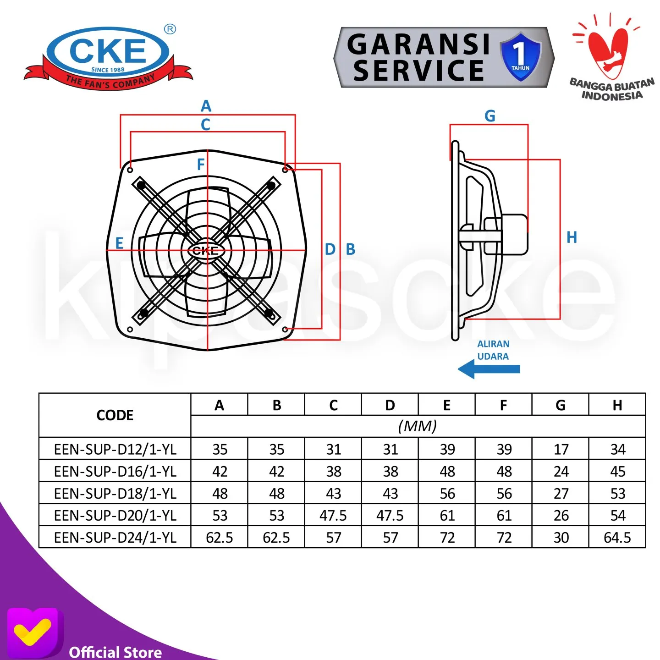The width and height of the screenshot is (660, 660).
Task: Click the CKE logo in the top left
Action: pyautogui.click(x=108, y=57)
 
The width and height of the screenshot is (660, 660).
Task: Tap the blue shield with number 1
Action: pyautogui.click(x=520, y=56)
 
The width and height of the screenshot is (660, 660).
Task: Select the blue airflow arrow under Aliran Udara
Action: pyautogui.click(x=489, y=369)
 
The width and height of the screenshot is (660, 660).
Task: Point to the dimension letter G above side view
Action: pyautogui.click(x=489, y=116)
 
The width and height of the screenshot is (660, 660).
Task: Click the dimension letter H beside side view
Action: pyautogui.click(x=572, y=237)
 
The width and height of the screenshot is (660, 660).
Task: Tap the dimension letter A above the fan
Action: pyautogui.click(x=206, y=106)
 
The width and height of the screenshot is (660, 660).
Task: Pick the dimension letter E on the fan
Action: pyautogui.click(x=119, y=243)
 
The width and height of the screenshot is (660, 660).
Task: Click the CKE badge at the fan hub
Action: pyautogui.click(x=206, y=251)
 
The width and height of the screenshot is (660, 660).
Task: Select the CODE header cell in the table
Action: pyautogui.click(x=115, y=415)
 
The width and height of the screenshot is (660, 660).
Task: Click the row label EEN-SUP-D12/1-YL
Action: pyautogui.click(x=115, y=449)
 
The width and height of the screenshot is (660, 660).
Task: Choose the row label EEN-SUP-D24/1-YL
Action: pyautogui.click(x=115, y=537)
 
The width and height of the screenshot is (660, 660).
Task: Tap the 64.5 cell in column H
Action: pyautogui.click(x=617, y=537)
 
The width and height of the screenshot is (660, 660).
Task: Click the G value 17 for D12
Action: pyautogui.click(x=561, y=449)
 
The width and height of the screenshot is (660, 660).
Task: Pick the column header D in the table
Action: pyautogui.click(x=390, y=405)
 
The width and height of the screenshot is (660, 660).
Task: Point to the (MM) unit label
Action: pyautogui.click(x=417, y=426)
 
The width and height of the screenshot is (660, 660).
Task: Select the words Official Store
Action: pyautogui.click(x=115, y=652)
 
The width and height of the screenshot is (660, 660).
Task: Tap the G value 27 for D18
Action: pyautogui.click(x=561, y=493)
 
